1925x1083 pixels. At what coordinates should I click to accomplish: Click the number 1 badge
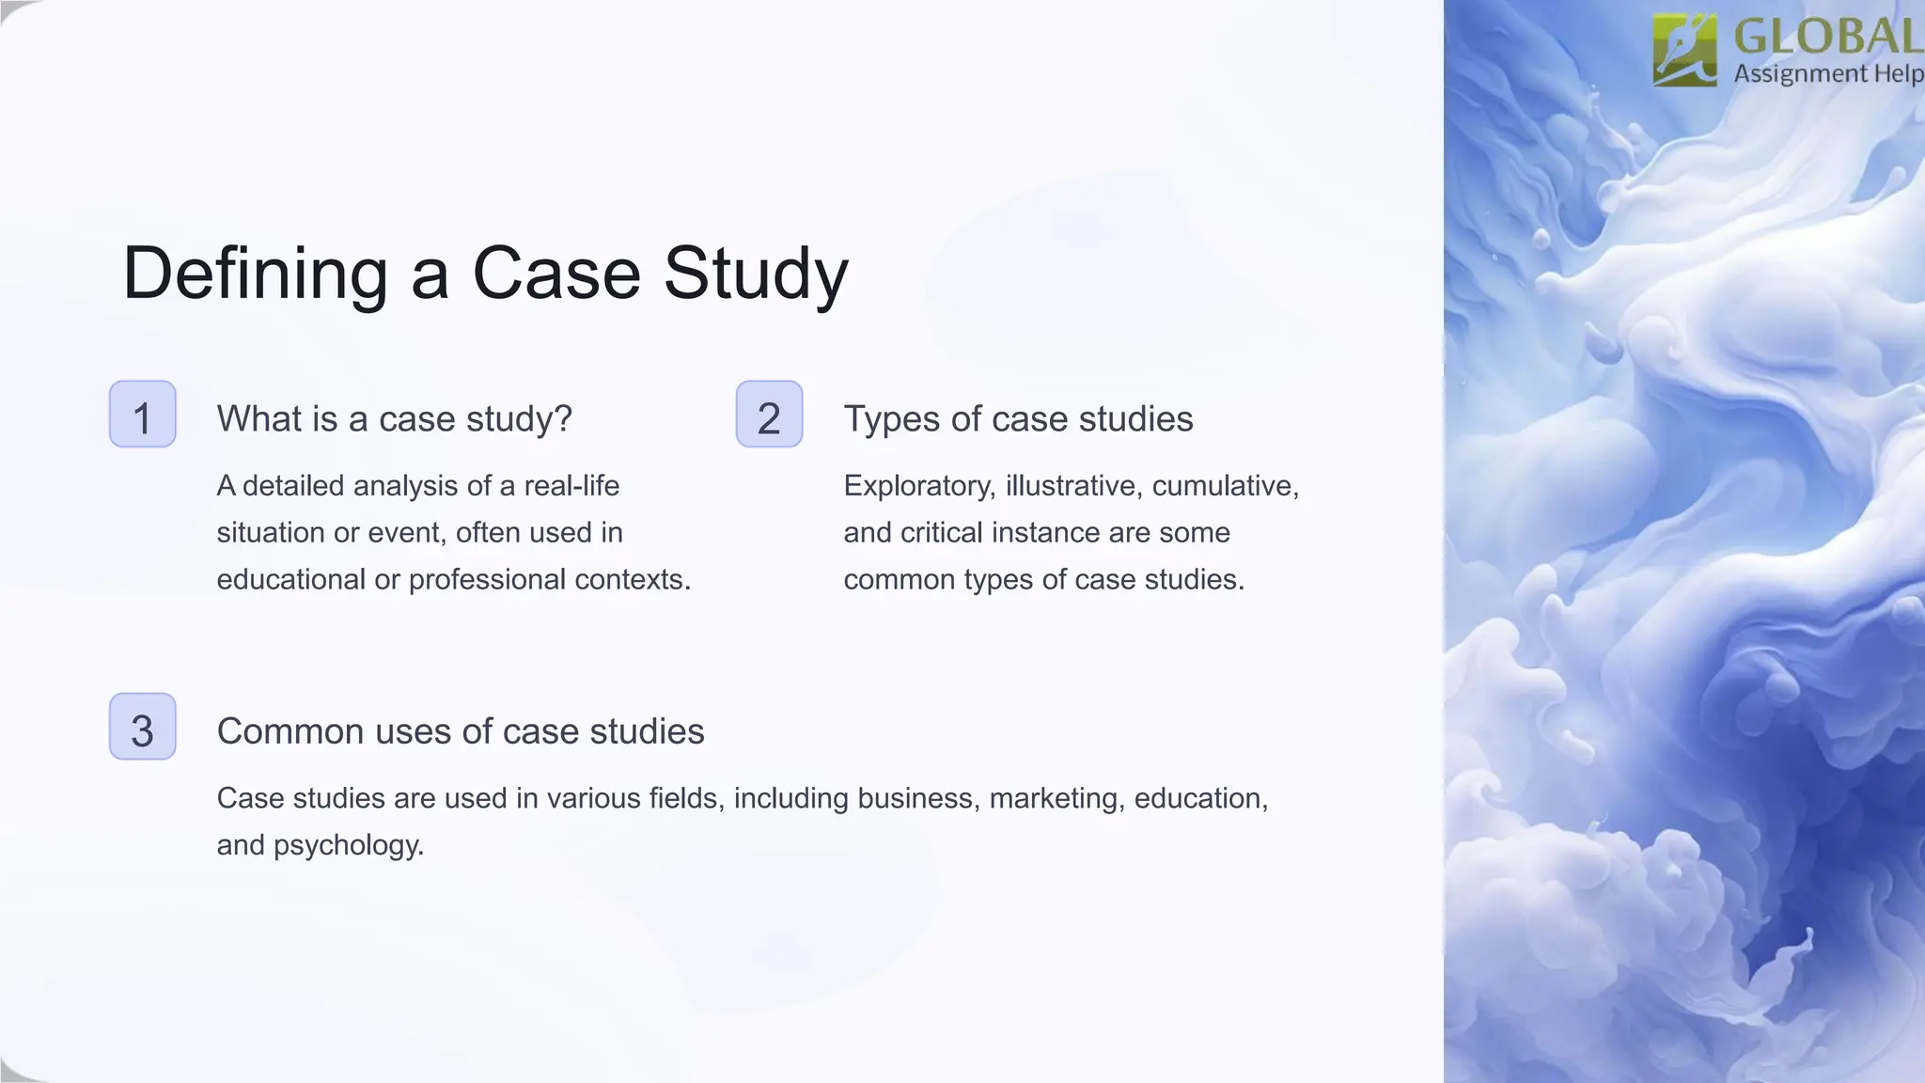click(x=142, y=415)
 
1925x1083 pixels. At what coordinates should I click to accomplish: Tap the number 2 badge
click(x=769, y=415)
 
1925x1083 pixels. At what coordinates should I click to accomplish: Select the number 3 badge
click(x=142, y=727)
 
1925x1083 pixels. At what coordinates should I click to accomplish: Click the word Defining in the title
click(x=255, y=274)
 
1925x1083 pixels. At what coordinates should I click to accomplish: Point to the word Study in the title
click(x=756, y=274)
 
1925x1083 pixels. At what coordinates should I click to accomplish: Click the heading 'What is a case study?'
click(x=394, y=418)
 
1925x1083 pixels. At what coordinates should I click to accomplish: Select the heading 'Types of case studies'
click(x=1018, y=418)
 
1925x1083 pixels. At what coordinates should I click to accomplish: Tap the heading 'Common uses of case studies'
click(x=460, y=731)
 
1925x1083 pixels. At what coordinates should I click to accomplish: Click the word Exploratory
click(x=918, y=486)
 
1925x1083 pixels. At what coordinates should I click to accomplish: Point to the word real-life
click(x=571, y=486)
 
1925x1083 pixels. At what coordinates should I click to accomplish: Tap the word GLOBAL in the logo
click(x=1827, y=38)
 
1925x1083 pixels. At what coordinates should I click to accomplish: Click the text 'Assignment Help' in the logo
click(x=1827, y=73)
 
